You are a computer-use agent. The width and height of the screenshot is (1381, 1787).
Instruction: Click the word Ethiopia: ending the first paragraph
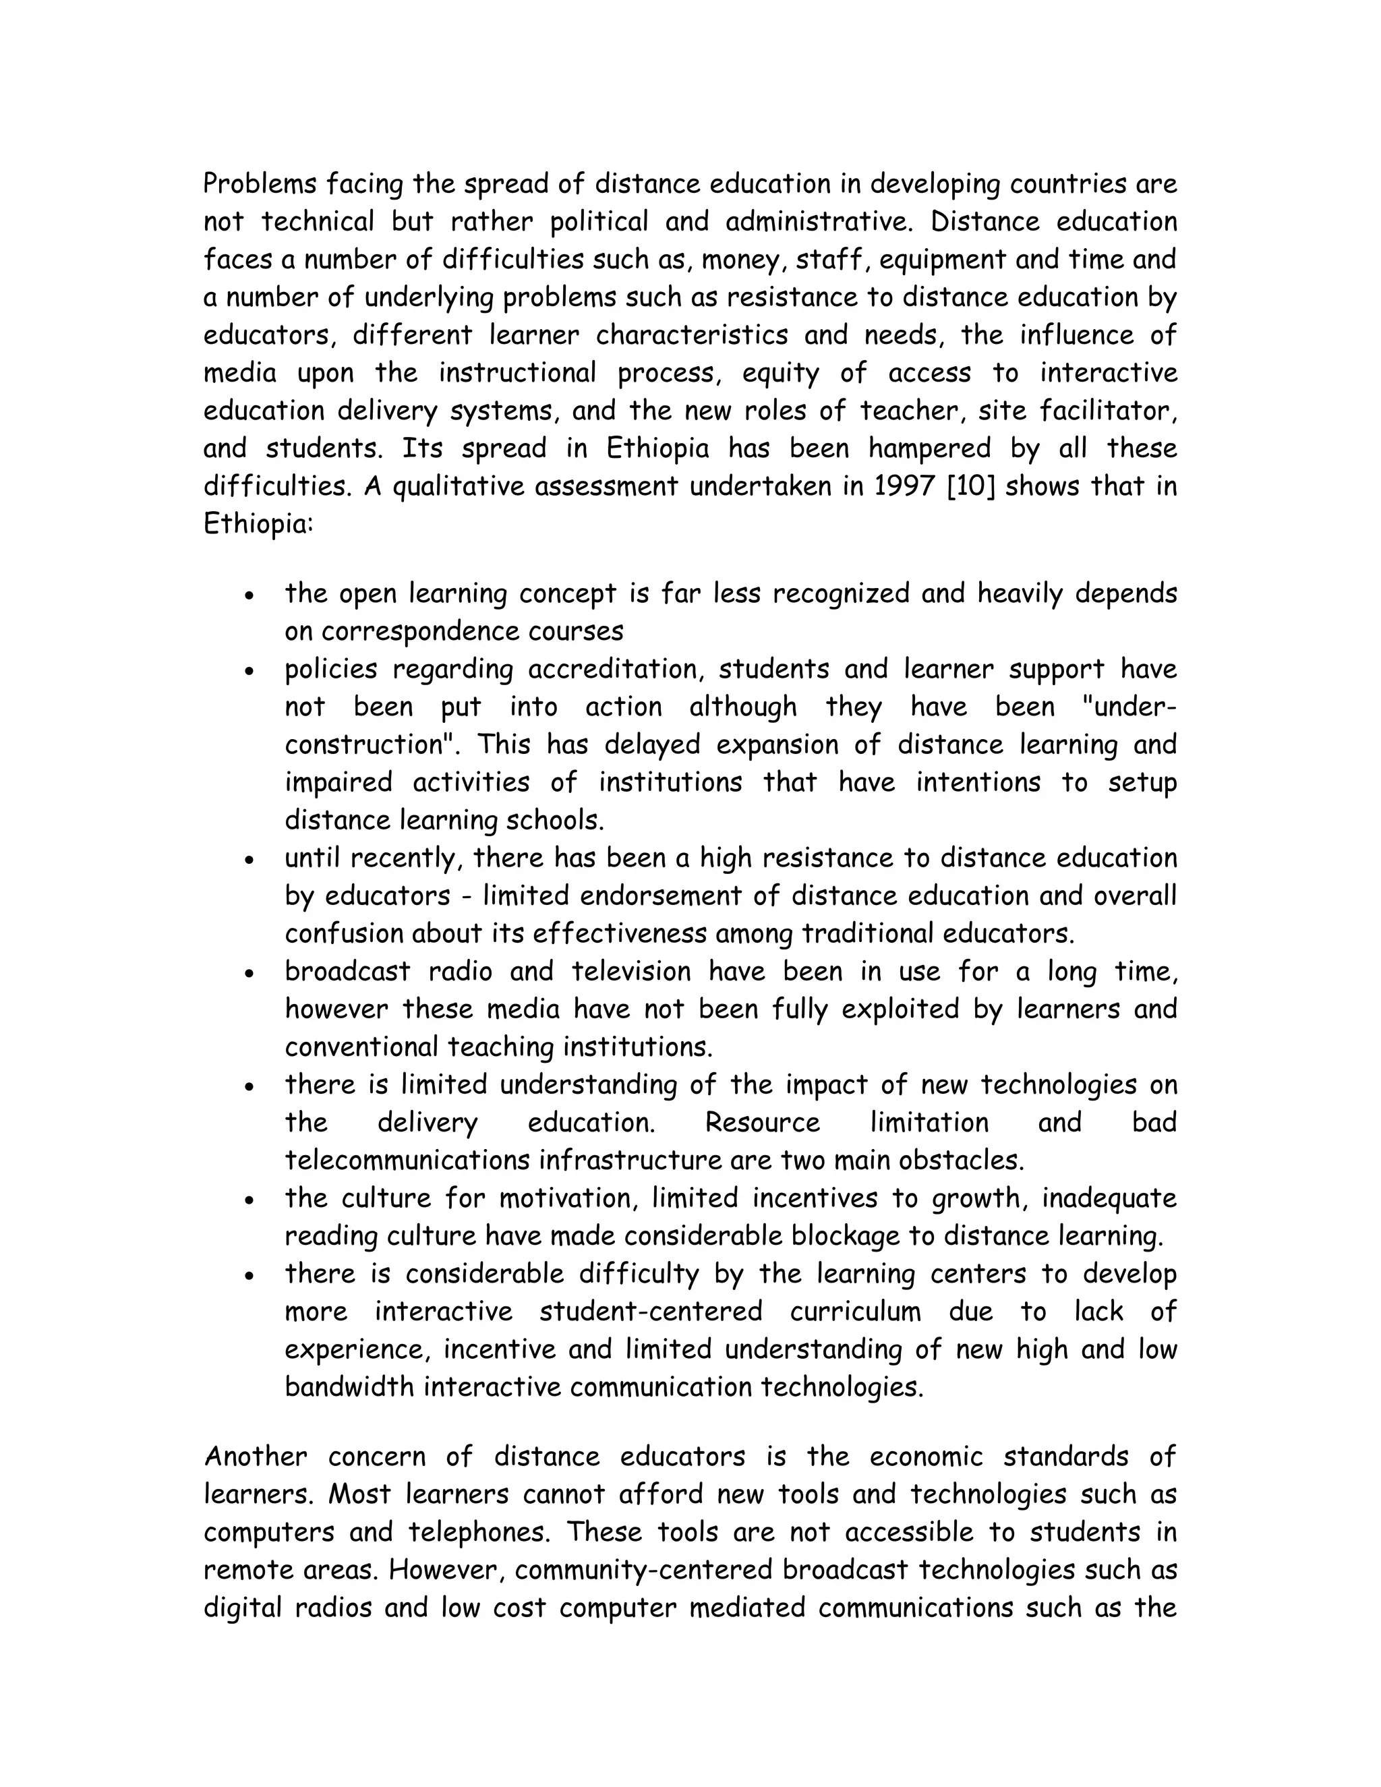(258, 525)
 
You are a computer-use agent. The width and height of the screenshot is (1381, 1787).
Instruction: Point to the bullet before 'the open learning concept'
(249, 595)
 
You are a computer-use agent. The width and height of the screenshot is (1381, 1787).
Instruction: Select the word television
(633, 972)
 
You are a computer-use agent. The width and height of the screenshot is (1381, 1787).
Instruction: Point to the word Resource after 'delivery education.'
(762, 1123)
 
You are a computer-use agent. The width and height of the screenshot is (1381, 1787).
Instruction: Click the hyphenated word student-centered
(651, 1312)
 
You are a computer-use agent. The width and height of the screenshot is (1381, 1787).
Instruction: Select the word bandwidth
(349, 1388)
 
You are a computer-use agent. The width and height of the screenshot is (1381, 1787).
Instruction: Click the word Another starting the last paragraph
(256, 1457)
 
